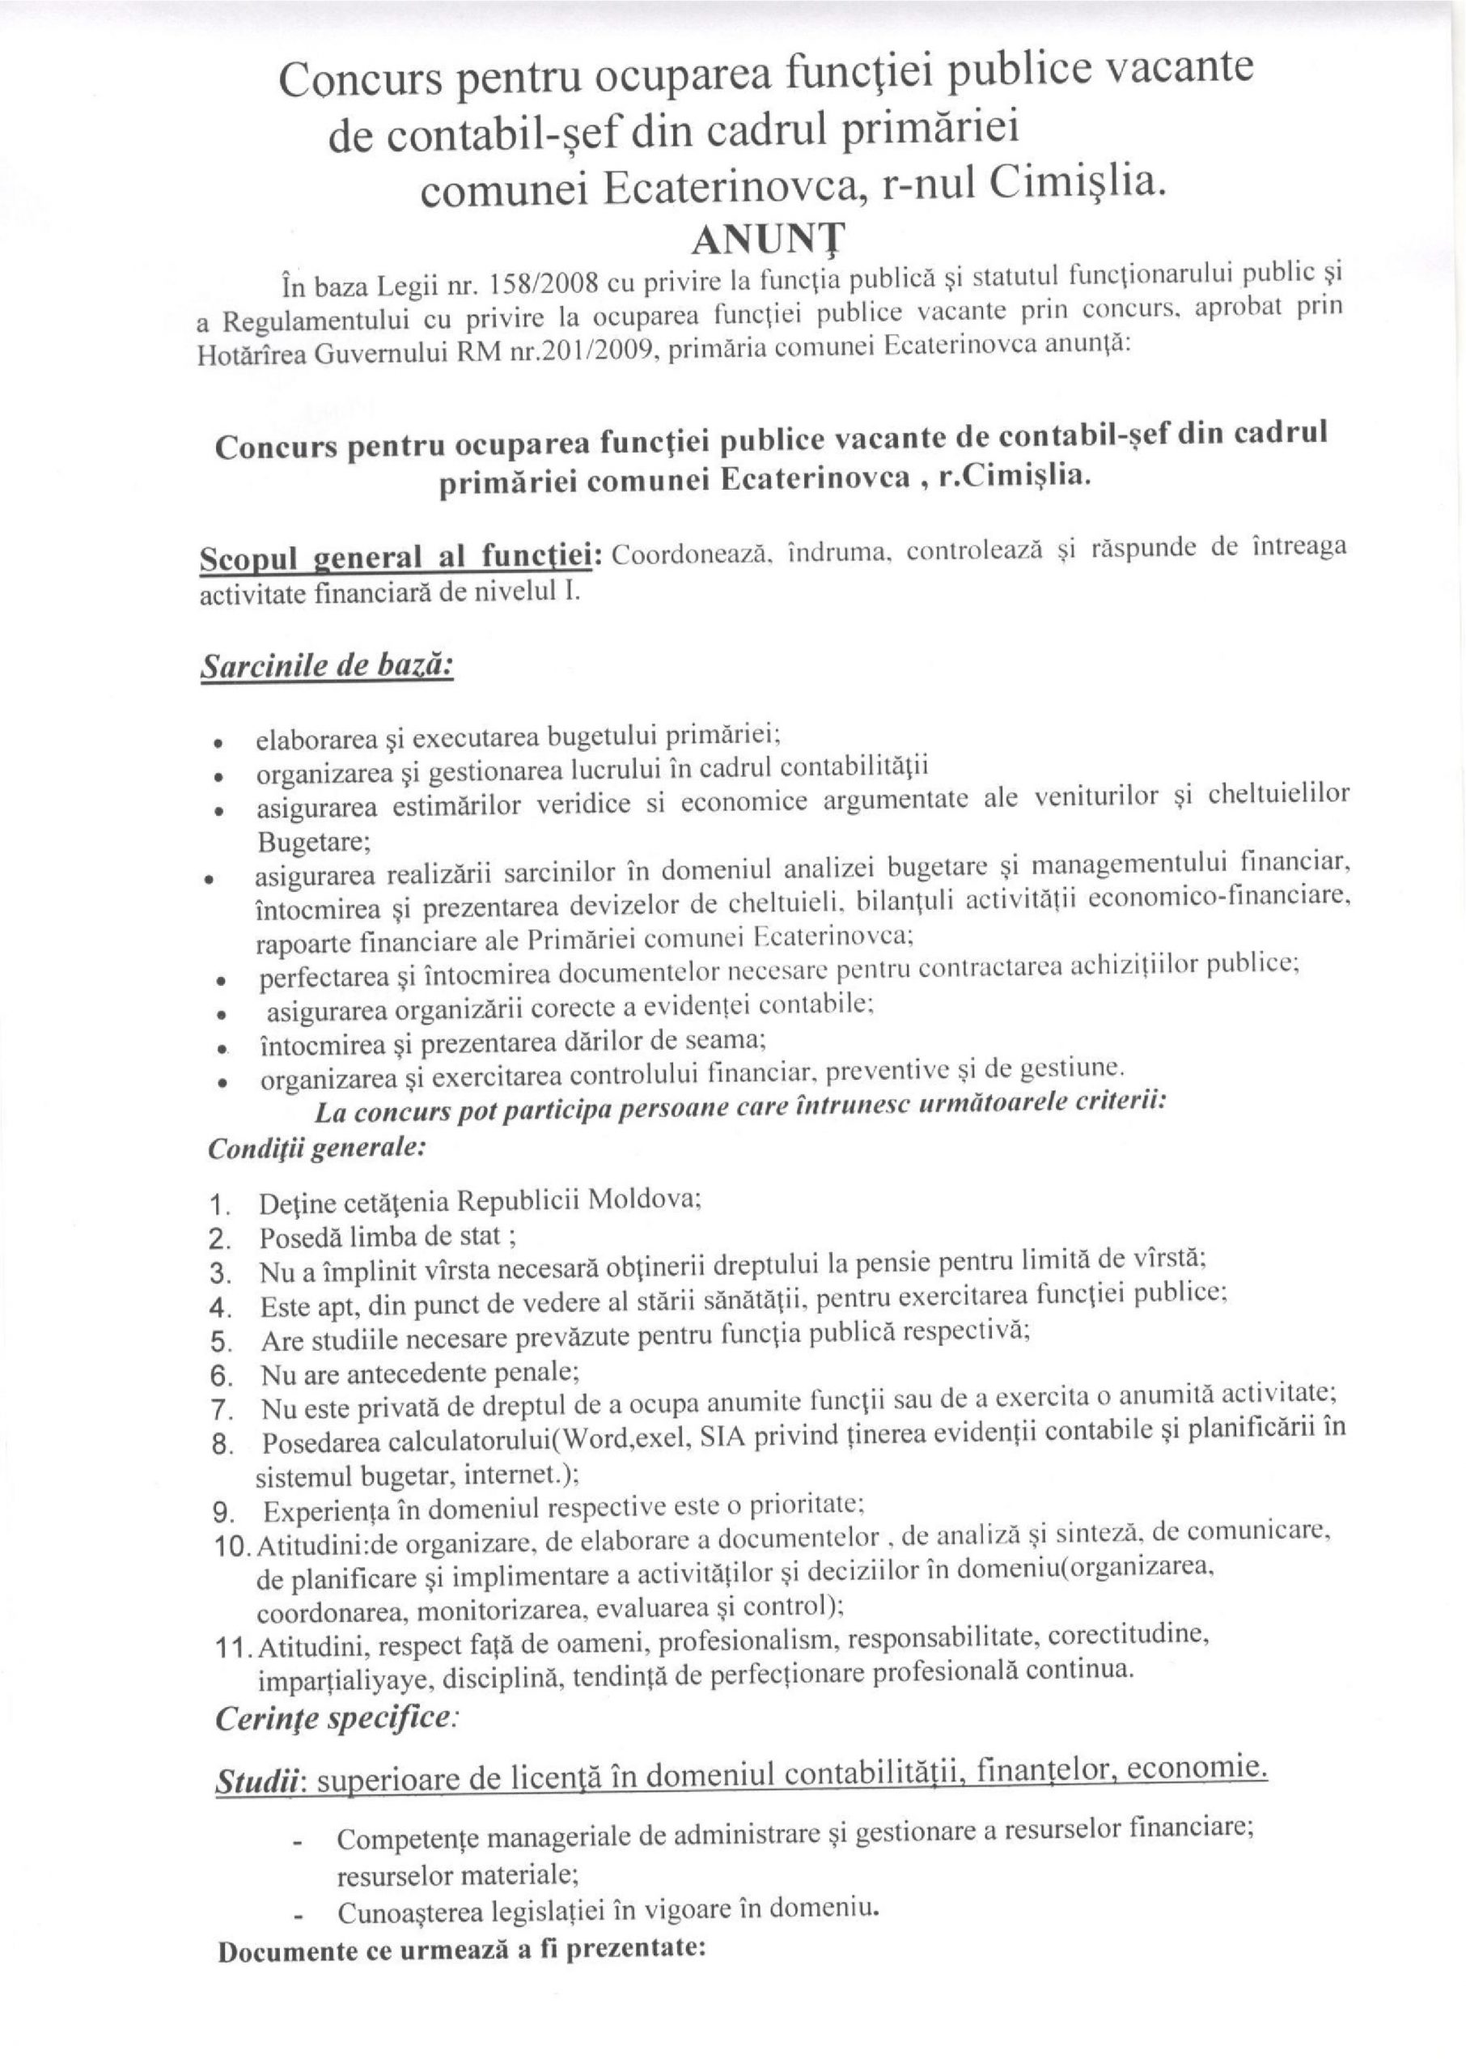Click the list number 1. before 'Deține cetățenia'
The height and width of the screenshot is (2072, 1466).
pyautogui.click(x=219, y=1205)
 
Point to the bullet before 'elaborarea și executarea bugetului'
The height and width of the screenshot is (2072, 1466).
pyautogui.click(x=218, y=745)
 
